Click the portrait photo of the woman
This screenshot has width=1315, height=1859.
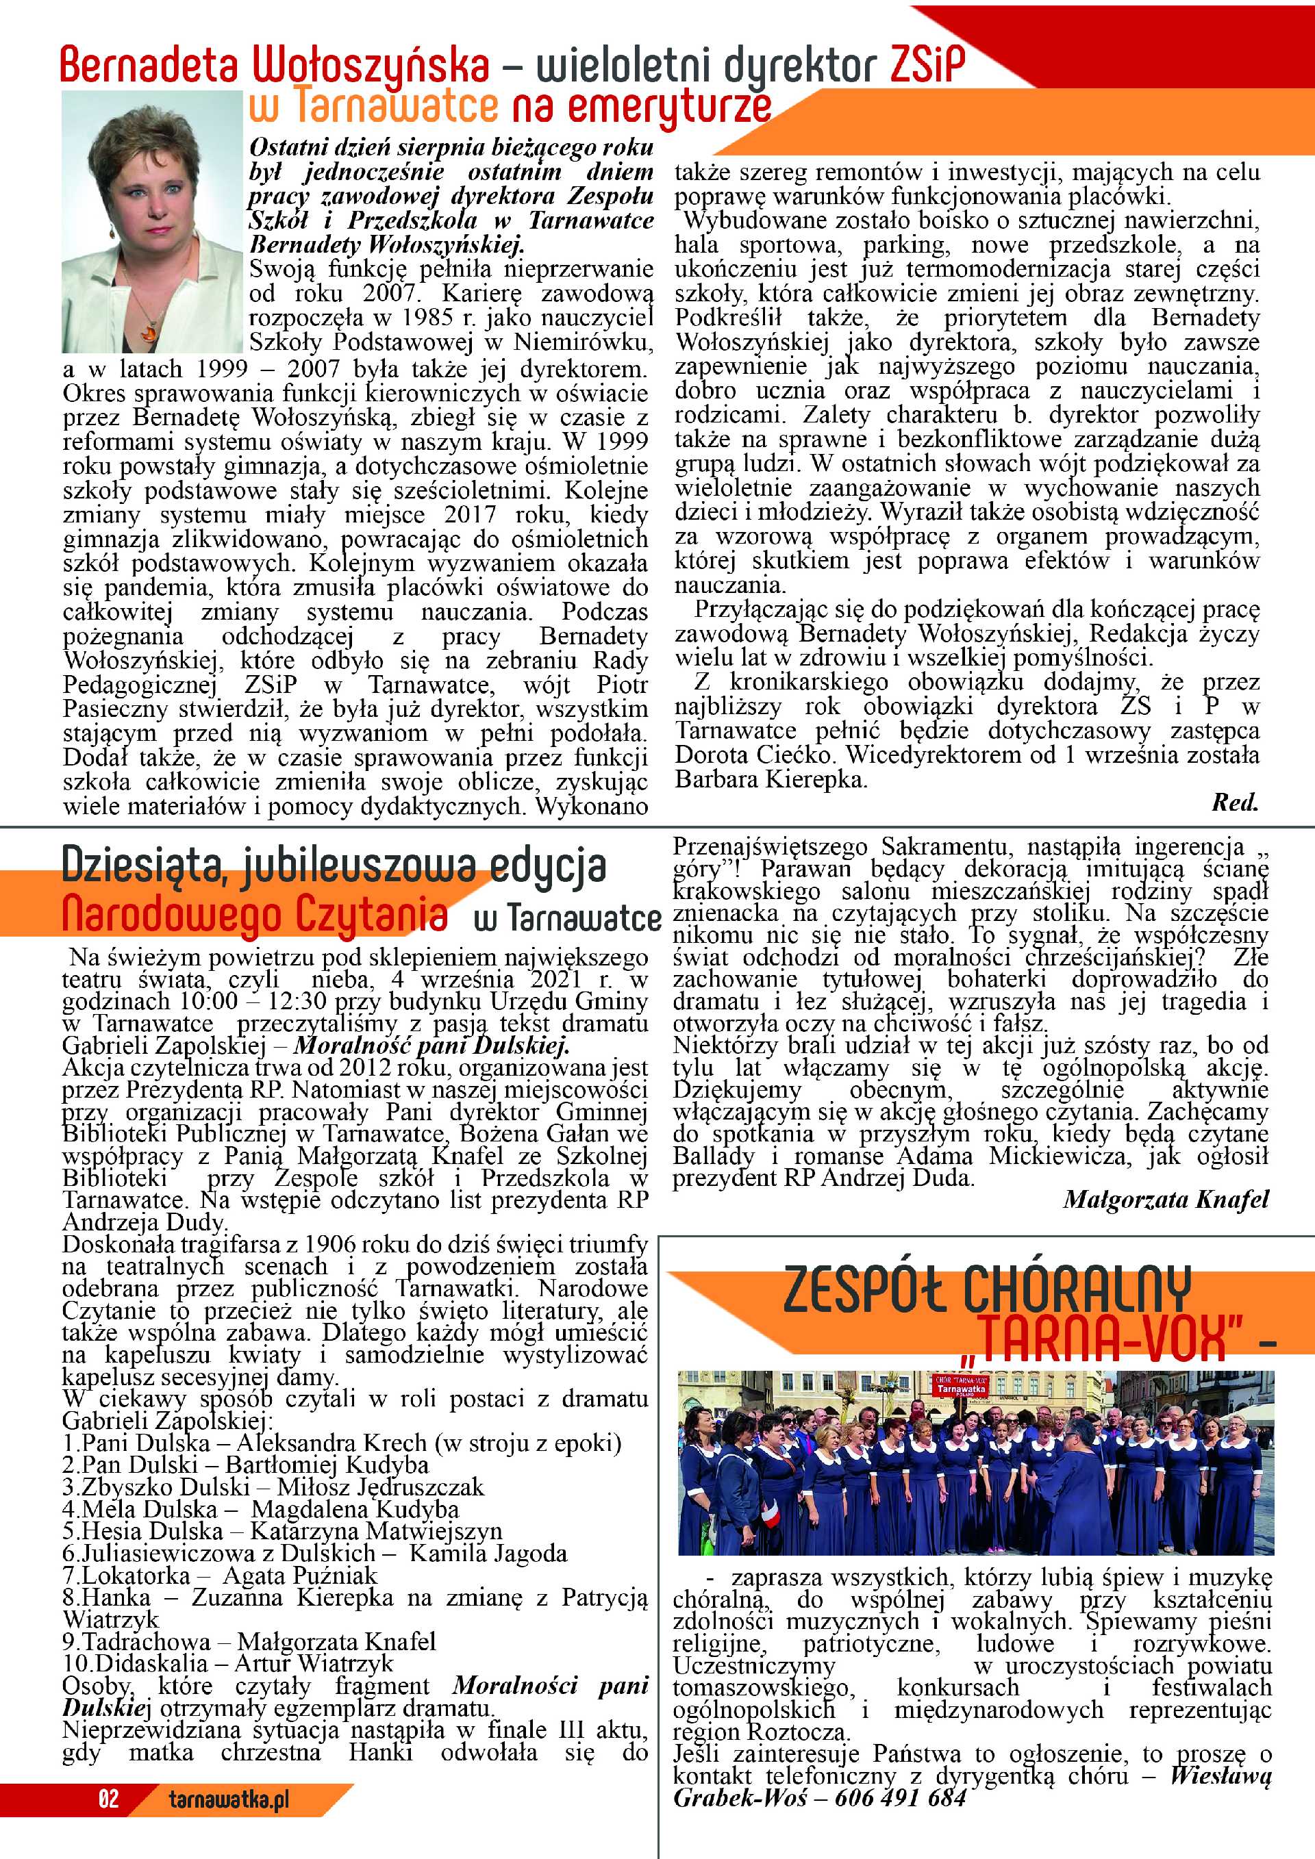point(154,223)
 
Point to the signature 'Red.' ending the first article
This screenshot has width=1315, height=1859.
point(1234,802)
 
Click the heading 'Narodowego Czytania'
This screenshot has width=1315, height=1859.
point(254,915)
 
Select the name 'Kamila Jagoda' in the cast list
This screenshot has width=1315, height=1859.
point(488,1554)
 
